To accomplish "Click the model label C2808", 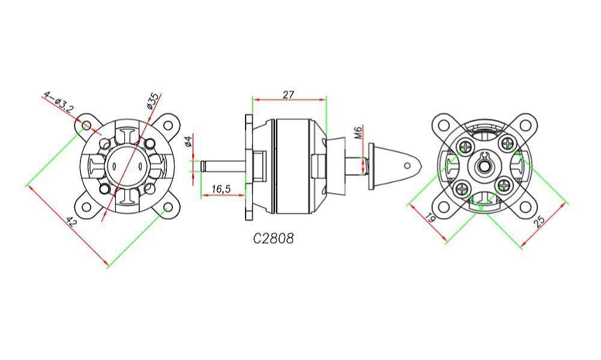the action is click(274, 238).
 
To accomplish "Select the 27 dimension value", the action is click(288, 94).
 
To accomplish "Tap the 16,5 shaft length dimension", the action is click(221, 189).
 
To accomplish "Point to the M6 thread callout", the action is click(358, 132).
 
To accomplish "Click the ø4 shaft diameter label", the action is click(188, 141).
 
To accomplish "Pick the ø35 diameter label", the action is click(153, 101).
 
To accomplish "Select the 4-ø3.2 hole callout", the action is click(58, 101).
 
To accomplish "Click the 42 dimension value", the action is click(71, 222).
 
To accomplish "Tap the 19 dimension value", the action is click(430, 218).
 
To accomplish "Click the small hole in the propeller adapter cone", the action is click(408, 166).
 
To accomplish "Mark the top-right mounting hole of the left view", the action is click(168, 125).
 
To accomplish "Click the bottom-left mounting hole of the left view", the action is click(86, 207).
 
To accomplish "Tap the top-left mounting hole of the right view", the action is click(444, 125).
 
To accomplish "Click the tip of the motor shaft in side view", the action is click(202, 166).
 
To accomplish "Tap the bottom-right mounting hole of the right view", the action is click(525, 207).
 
